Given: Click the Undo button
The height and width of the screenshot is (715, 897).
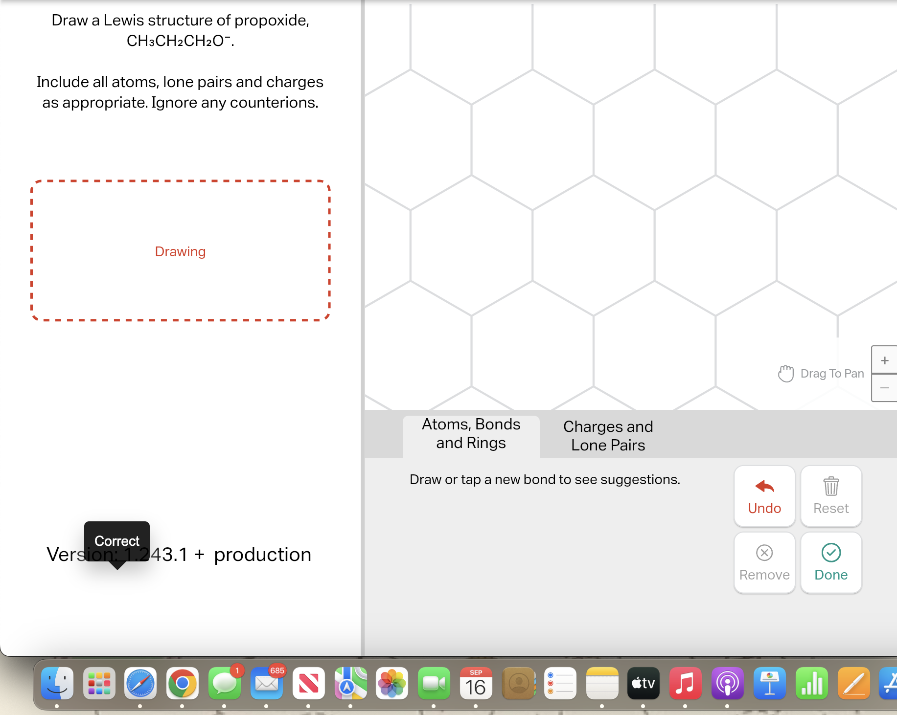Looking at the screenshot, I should [x=764, y=496].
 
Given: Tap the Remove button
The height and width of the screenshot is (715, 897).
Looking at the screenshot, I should [x=764, y=562].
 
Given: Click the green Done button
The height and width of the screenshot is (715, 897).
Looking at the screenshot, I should [x=831, y=562].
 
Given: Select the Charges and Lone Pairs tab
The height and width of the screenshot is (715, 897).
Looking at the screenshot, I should [x=608, y=436].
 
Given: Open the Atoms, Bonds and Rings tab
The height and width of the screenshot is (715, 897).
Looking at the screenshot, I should [x=471, y=434].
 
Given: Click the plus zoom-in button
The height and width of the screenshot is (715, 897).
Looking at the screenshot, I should [x=884, y=360].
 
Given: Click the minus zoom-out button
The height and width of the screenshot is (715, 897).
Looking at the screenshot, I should [x=884, y=388].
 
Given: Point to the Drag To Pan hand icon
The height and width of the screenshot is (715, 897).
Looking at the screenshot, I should [x=786, y=374].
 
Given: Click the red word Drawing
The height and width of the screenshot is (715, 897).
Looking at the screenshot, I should [x=180, y=251].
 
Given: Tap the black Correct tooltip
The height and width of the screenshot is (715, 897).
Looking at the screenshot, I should [x=117, y=540].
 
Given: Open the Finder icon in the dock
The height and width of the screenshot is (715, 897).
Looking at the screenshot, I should [x=57, y=683].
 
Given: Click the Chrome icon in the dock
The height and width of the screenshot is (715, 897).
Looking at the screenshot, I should [x=183, y=683].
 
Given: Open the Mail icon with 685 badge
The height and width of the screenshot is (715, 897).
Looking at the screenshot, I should [x=267, y=683].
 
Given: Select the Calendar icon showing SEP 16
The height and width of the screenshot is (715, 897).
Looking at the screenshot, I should [x=476, y=683].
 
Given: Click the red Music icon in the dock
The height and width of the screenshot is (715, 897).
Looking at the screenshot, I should [x=685, y=683].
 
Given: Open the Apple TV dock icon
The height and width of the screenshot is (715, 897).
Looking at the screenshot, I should [x=644, y=683].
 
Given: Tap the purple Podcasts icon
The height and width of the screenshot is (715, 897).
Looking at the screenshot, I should [x=727, y=683].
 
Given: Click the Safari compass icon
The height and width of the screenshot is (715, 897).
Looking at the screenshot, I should [x=140, y=683].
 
